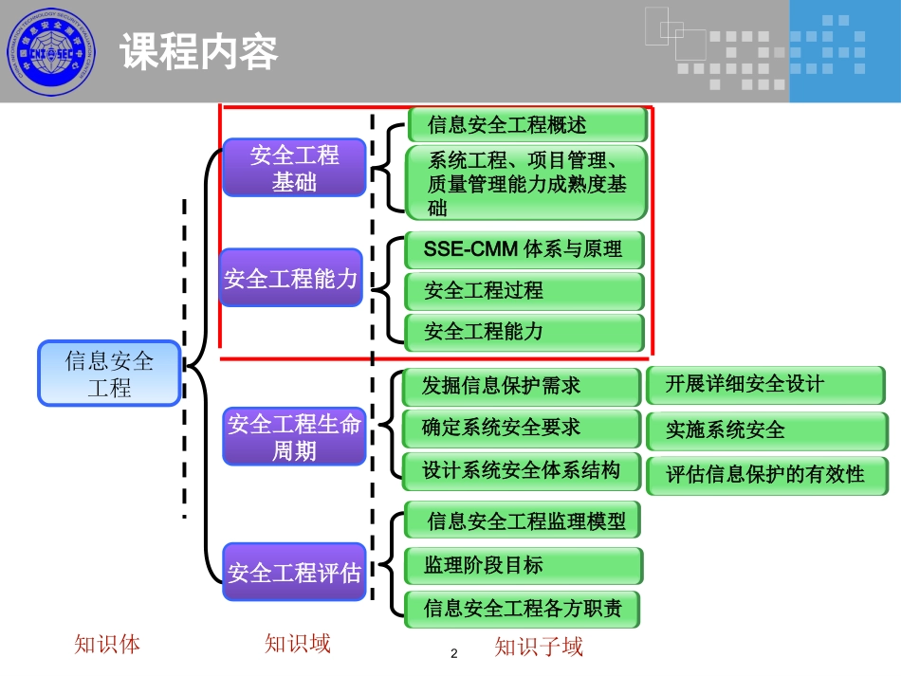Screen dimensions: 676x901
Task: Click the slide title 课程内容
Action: pos(198,52)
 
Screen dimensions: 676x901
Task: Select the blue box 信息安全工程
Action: pos(109,374)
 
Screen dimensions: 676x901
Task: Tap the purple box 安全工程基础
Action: pos(294,168)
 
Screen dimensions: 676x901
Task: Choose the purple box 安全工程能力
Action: pos(291,278)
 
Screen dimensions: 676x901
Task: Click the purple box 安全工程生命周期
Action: pos(294,437)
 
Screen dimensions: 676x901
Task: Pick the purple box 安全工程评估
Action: pos(294,573)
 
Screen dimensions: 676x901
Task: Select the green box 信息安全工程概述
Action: pos(527,125)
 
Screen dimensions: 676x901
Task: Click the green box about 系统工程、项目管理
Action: pos(526,183)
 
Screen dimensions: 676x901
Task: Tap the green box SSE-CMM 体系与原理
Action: pos(524,249)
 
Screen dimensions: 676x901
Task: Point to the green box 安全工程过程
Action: pos(524,291)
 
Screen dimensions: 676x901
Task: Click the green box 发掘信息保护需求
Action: pos(521,386)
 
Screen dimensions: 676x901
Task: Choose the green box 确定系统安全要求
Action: pos(521,428)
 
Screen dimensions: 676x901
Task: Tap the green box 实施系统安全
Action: pos(768,429)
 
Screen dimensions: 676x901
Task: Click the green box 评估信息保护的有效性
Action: pos(768,474)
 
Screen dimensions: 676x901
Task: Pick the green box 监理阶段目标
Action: pos(523,565)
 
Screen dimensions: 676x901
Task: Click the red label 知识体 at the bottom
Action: pos(107,645)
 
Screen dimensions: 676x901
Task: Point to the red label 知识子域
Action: pos(539,648)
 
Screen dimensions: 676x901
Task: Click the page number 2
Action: pos(453,654)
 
